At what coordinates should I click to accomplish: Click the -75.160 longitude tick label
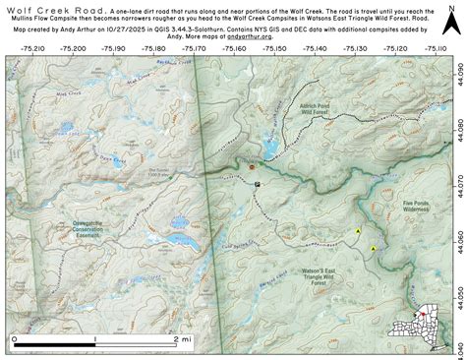tap(238, 45)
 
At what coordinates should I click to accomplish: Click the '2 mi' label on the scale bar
tap(182, 337)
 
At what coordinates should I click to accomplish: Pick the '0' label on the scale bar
tap(15, 337)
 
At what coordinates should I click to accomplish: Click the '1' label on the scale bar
tap(96, 337)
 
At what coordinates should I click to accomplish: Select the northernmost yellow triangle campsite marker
tap(359, 231)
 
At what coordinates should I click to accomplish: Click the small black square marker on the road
tap(258, 184)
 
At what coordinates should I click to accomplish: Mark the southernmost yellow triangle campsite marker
tap(374, 249)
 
